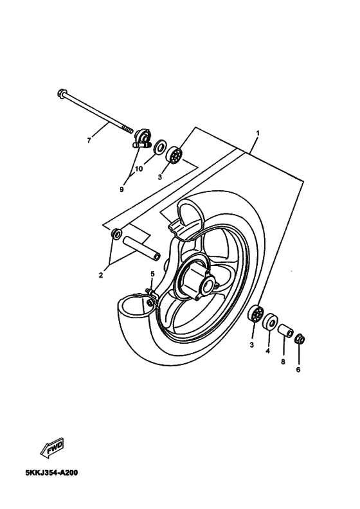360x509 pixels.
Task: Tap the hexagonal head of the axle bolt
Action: (x=61, y=94)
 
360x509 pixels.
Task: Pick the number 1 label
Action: (x=257, y=133)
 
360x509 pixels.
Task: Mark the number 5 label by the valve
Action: (x=152, y=274)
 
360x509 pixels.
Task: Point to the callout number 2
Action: (x=101, y=275)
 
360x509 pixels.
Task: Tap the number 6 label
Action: (x=298, y=370)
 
